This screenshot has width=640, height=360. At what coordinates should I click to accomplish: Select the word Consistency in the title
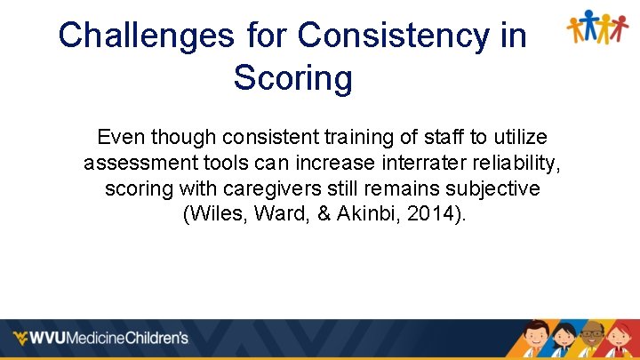click(412, 36)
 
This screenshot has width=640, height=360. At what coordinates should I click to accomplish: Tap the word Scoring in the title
click(292, 78)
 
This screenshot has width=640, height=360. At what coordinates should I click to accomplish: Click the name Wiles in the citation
click(212, 215)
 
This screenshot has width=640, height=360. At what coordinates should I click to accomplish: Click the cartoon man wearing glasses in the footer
click(592, 340)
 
